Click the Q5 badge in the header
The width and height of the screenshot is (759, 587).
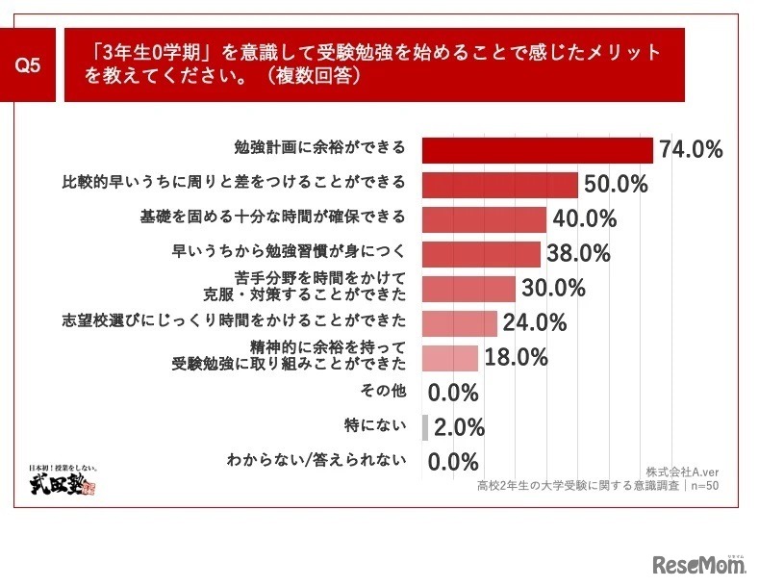(x=29, y=64)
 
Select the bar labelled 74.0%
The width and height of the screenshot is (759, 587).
(x=538, y=150)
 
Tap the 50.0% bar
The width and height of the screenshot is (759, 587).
(x=500, y=185)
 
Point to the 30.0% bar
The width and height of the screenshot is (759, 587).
(x=469, y=289)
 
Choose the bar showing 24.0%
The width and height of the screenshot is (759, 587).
(x=460, y=323)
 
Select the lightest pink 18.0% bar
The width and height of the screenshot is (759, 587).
(x=450, y=358)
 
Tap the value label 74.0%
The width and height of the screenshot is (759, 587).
(x=690, y=150)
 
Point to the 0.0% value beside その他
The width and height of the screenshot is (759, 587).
(x=453, y=393)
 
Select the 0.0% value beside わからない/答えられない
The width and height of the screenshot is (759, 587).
(x=453, y=462)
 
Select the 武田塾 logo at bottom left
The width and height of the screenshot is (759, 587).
(x=66, y=479)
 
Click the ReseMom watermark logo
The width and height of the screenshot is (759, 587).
(x=698, y=564)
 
